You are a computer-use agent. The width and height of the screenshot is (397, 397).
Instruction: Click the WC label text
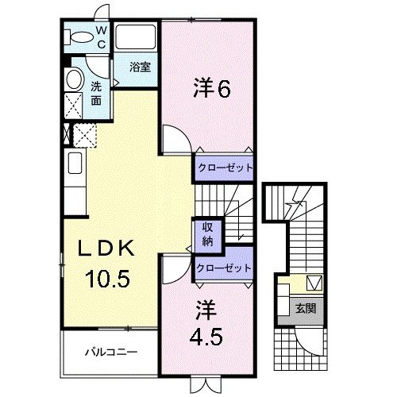click(101, 36)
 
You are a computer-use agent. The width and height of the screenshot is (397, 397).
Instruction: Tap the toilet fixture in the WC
click(79, 37)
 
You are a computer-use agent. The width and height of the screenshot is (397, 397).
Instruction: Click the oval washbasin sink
click(73, 79)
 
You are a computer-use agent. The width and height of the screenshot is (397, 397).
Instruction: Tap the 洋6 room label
click(211, 88)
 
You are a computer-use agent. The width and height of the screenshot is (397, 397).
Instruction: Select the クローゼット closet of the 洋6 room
click(223, 168)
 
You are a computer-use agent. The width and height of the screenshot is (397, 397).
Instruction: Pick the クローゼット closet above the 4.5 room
click(223, 268)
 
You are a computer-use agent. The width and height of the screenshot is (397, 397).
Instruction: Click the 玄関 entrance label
click(306, 309)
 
